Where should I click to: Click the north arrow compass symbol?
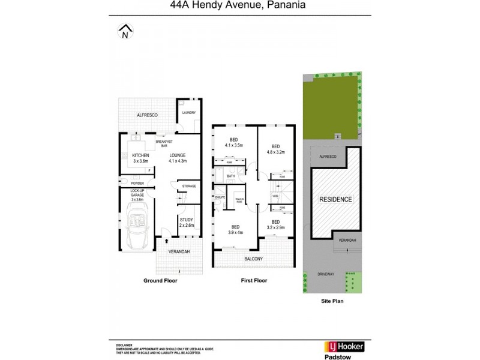(x=124, y=32)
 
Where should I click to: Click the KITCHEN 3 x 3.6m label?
(x=140, y=158)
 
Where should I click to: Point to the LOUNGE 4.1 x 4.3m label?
(x=177, y=158)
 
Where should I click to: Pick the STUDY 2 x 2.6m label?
(x=187, y=223)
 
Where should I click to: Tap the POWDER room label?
(x=137, y=183)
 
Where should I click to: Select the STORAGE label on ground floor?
(x=189, y=187)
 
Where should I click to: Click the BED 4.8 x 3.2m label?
(x=276, y=149)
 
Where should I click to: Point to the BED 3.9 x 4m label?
(x=235, y=229)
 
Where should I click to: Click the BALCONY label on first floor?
(x=253, y=259)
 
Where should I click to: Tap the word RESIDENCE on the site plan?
(x=335, y=199)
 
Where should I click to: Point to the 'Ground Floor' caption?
(x=160, y=281)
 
